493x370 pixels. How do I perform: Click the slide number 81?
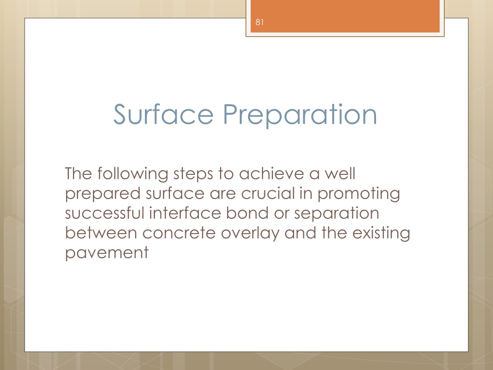pyautogui.click(x=259, y=22)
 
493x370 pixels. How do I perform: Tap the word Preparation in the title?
pyautogui.click(x=300, y=116)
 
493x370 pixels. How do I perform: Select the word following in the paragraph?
pyautogui.click(x=132, y=174)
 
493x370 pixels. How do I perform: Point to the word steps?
pyautogui.click(x=193, y=174)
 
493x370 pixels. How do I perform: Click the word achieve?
pyautogui.click(x=272, y=173)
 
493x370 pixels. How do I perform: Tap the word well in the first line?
pyautogui.click(x=340, y=173)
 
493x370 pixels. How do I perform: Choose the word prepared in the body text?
pyautogui.click(x=103, y=194)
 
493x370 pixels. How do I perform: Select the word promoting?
pyautogui.click(x=358, y=194)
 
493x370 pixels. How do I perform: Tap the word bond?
pyautogui.click(x=247, y=213)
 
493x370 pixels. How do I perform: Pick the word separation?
pyautogui.click(x=337, y=214)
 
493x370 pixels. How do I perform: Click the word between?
pyautogui.click(x=101, y=233)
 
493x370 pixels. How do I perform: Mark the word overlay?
pyautogui.click(x=250, y=234)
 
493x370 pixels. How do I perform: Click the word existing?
pyautogui.click(x=381, y=234)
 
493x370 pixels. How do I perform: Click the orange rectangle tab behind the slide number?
pyautogui.click(x=345, y=16)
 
